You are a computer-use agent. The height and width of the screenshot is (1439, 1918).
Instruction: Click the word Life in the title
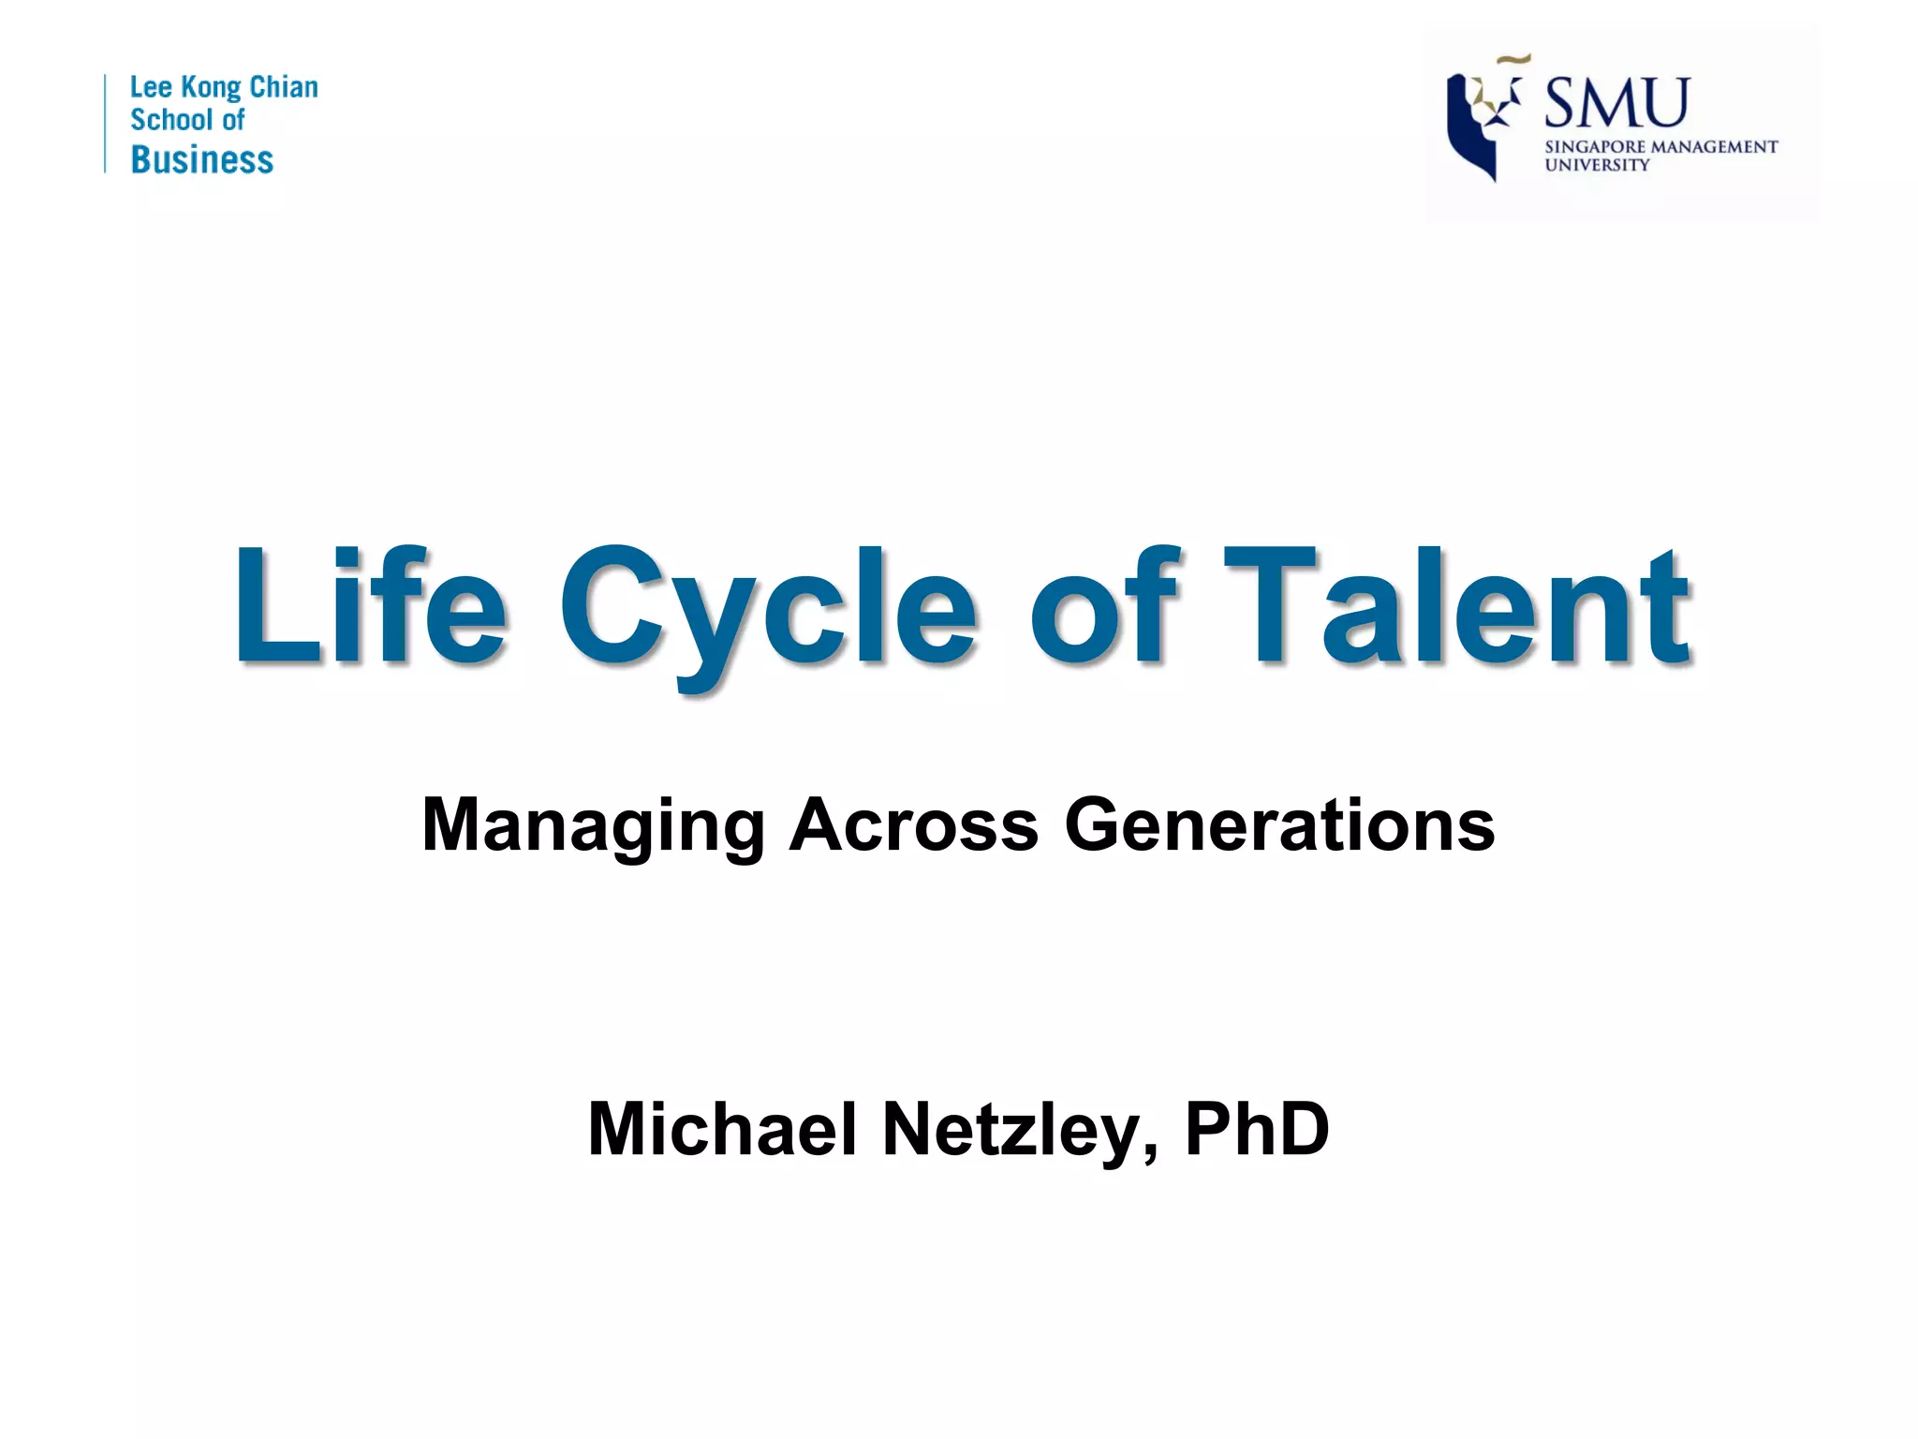click(x=370, y=606)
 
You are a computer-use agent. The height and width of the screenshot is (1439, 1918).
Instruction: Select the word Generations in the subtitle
click(x=1279, y=824)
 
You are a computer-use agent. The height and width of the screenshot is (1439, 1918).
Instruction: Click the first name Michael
click(x=722, y=1129)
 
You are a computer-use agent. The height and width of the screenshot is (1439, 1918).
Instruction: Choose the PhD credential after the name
click(x=1257, y=1129)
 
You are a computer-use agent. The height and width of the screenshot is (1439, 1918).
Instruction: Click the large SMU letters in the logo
click(x=1616, y=103)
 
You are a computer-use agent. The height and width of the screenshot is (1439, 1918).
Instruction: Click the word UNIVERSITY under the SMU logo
click(x=1597, y=166)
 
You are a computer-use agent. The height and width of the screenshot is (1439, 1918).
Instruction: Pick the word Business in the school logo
click(x=202, y=160)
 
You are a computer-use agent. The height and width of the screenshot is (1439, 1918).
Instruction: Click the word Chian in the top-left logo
click(x=283, y=88)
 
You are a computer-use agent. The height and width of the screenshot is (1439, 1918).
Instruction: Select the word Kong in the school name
click(x=211, y=88)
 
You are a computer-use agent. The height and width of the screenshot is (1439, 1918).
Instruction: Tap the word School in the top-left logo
click(x=172, y=121)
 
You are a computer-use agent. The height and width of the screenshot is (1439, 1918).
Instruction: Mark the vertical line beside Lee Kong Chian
click(x=105, y=123)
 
